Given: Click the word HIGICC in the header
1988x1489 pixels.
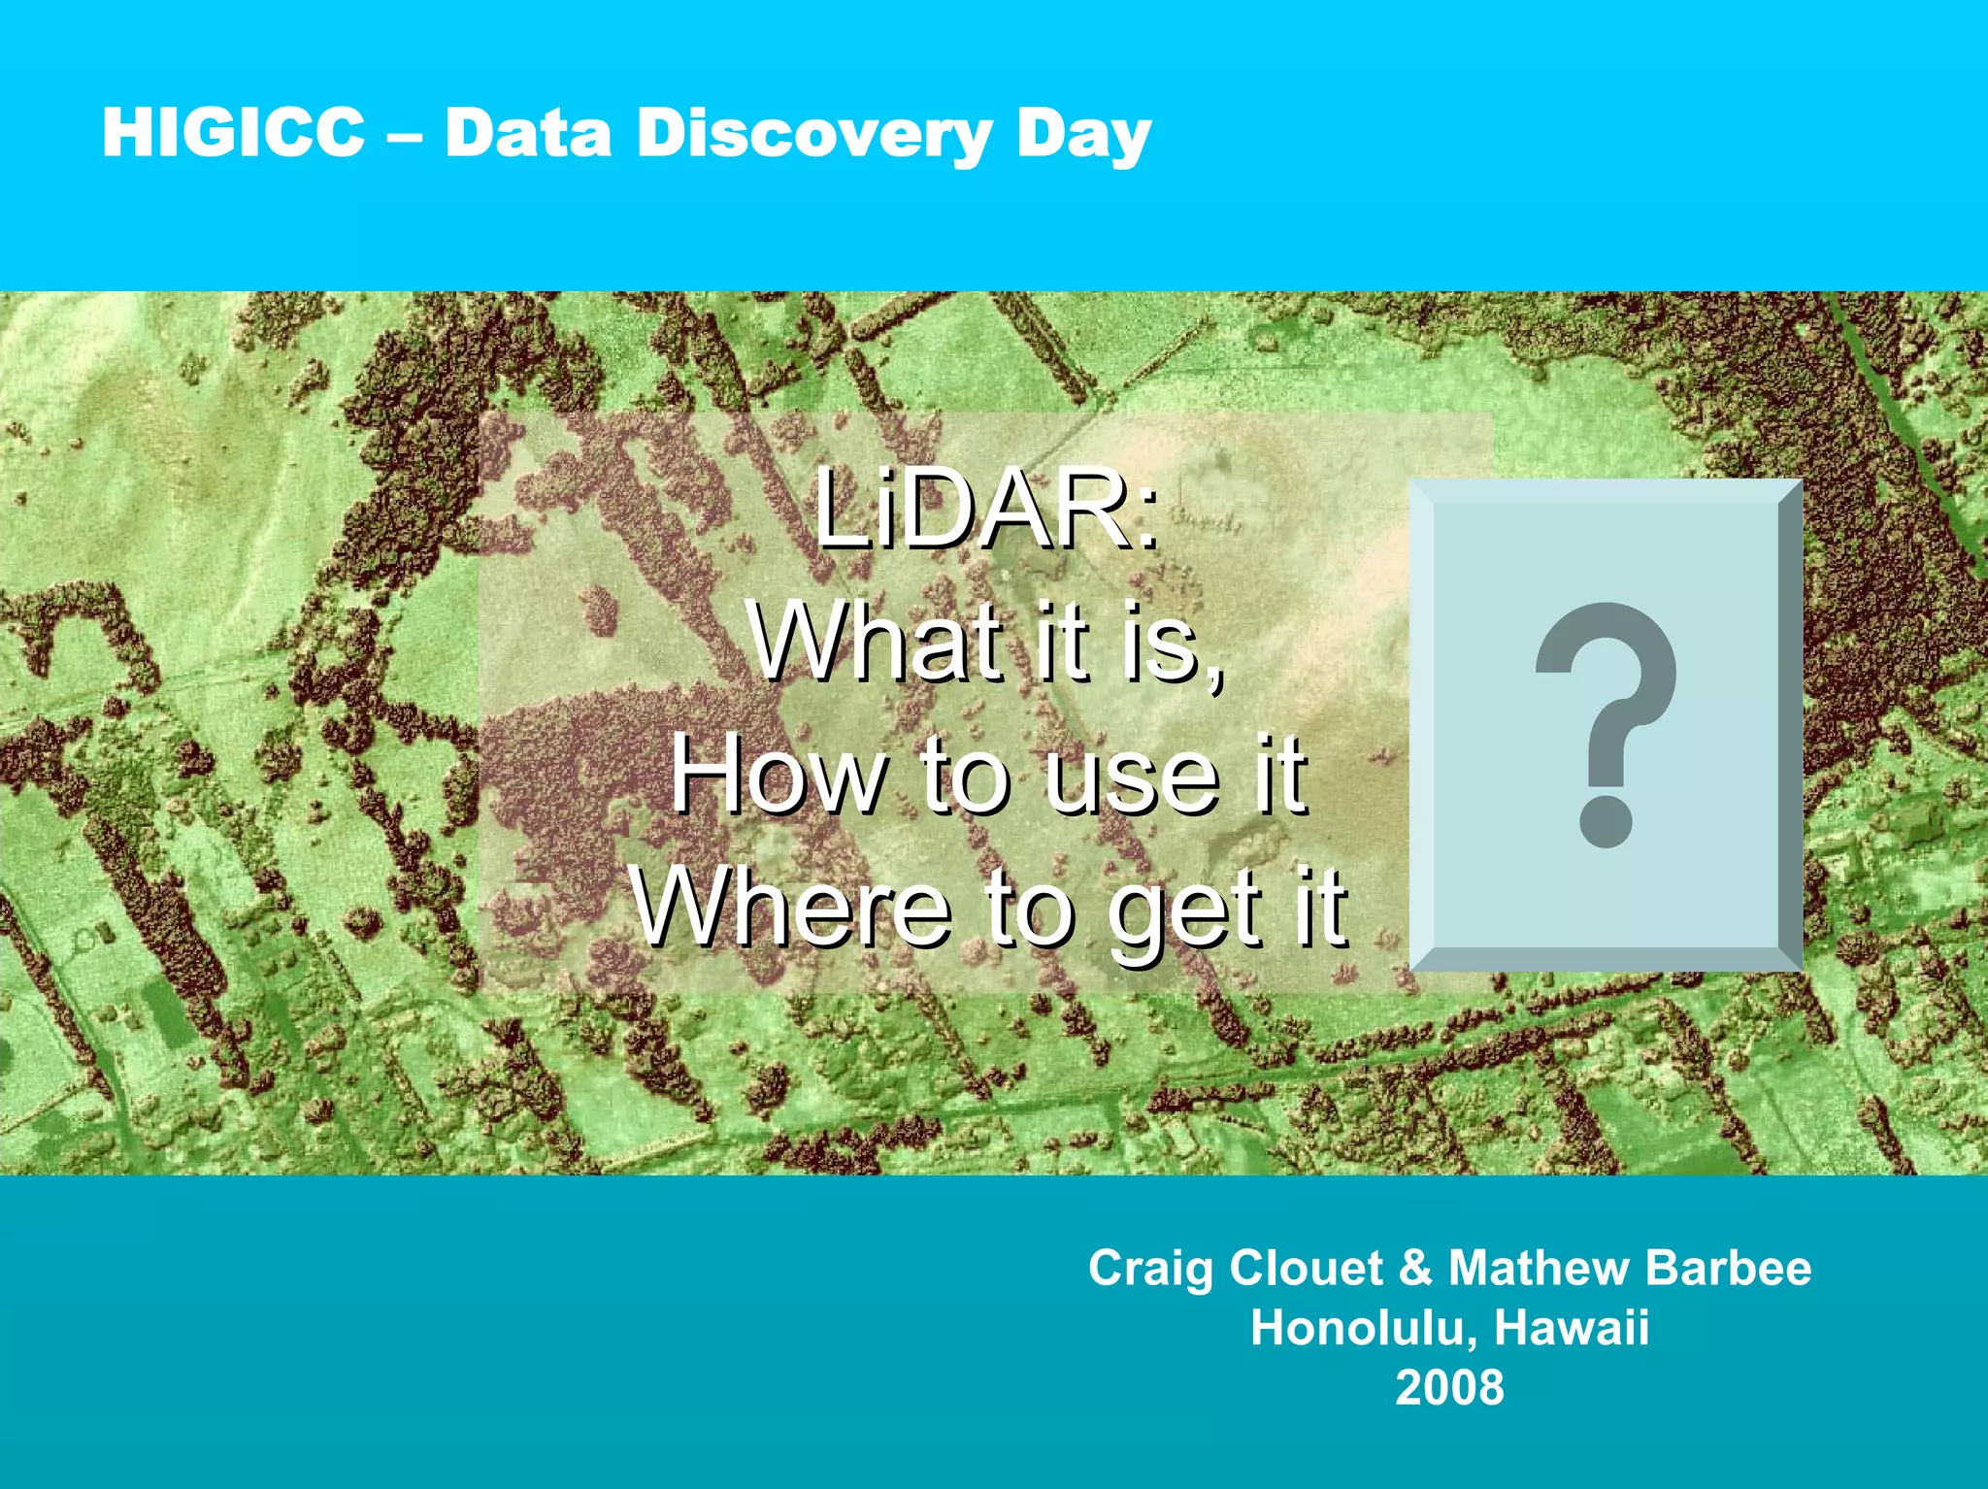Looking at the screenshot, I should pos(233,132).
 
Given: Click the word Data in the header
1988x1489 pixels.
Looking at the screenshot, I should pos(528,132).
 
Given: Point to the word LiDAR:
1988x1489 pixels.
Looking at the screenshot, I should pos(985,510).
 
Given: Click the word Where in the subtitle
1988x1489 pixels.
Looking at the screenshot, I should pos(791,908).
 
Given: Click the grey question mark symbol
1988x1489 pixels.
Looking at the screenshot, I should pos(1607,699).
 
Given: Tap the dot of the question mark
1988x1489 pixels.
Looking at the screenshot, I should pos(1606,821).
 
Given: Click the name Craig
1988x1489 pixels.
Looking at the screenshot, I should pos(1150,1270).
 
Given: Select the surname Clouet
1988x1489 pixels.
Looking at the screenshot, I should pos(1306,1268).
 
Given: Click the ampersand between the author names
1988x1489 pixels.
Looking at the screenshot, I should pos(1416,1268).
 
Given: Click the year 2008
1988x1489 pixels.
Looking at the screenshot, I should pos(1449,1387).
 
